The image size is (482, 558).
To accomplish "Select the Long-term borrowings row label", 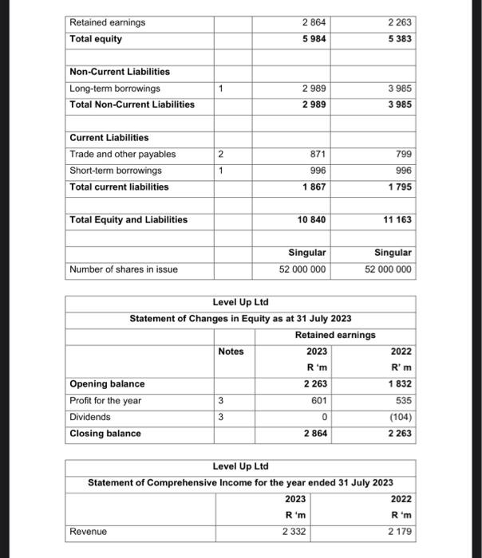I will (115, 88).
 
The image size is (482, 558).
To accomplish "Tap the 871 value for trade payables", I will (316, 154).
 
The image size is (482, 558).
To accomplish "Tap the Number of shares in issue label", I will (124, 269).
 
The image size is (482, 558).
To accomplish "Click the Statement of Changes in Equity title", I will (241, 319).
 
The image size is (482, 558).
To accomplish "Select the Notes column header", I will (231, 351).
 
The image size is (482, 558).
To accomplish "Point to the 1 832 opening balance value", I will (400, 384).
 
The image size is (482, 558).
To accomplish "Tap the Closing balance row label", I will (105, 434).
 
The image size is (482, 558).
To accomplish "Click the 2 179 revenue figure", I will (401, 531).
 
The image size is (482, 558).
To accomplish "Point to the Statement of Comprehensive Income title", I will (240, 483).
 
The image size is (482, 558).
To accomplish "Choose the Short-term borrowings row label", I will (116, 171).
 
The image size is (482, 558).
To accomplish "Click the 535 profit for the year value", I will (403, 400).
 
